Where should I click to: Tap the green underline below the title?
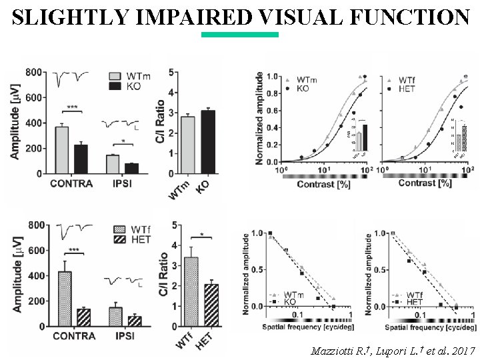pyautogui.click(x=239, y=35)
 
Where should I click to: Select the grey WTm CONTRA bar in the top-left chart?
pyautogui.click(x=62, y=150)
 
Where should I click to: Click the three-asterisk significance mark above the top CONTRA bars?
pyautogui.click(x=71, y=107)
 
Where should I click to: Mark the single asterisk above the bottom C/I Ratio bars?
pyautogui.click(x=201, y=235)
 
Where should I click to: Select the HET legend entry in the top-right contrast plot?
pyautogui.click(x=407, y=88)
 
